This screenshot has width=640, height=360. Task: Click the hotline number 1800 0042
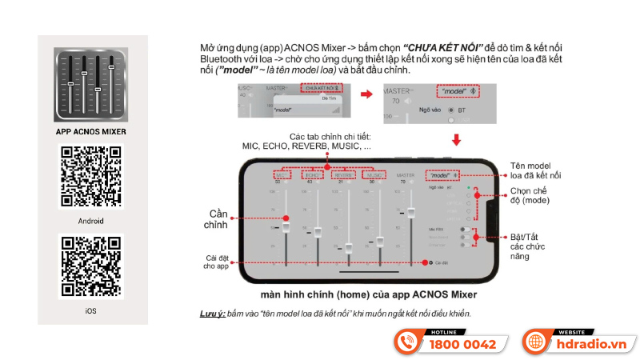pos(463,345)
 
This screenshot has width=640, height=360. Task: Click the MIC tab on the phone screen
pos(281,174)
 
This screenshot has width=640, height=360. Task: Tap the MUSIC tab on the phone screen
pos(374,174)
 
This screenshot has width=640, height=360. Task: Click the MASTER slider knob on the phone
pos(412,212)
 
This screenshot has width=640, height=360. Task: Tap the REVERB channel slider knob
pos(349,247)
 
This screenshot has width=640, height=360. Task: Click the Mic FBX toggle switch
pos(464,229)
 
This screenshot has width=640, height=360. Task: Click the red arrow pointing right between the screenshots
pos(366,94)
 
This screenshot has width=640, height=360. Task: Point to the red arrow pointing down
pos(457,141)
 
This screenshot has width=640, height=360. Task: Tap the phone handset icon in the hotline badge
pos(409,344)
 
